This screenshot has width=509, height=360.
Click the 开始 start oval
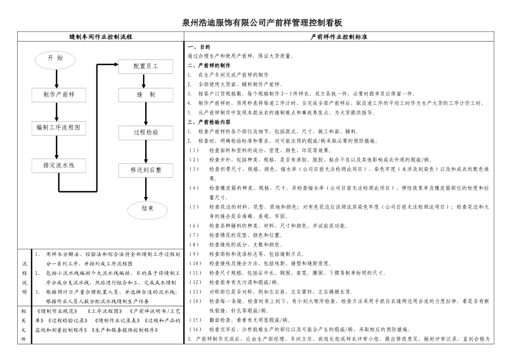tap(56, 59)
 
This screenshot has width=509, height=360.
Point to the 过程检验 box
tap(146, 131)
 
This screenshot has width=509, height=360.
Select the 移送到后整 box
tap(146, 170)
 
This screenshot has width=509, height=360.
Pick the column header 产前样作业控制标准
tap(342, 37)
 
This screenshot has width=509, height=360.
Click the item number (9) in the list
tap(193, 253)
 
